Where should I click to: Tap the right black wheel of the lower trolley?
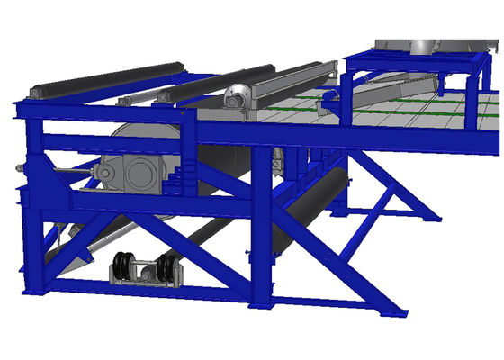point(166,268)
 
